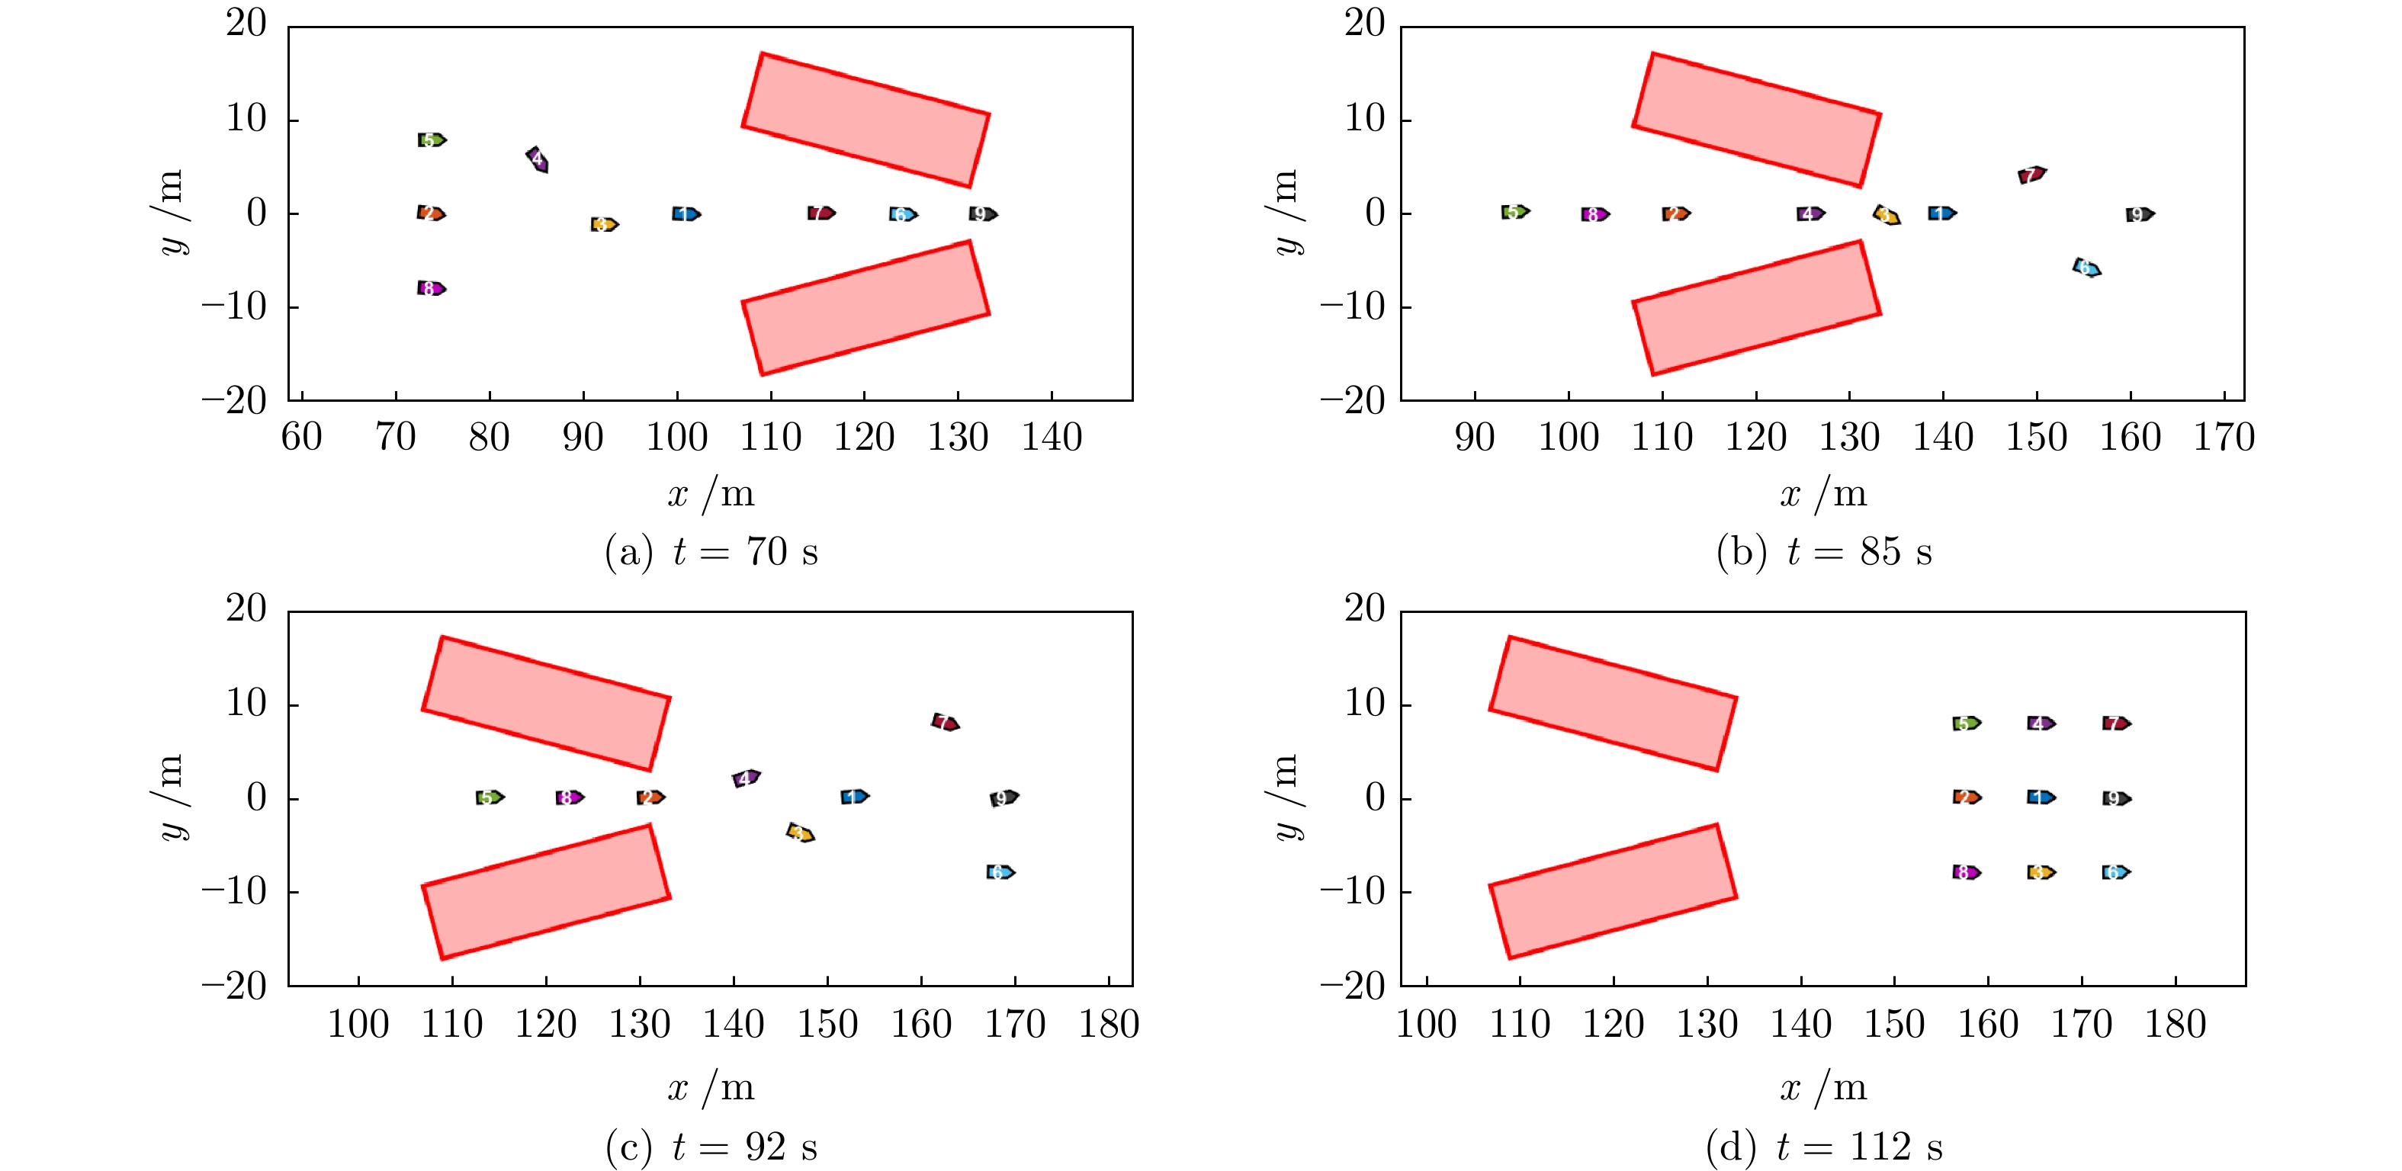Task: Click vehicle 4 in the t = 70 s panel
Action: coord(537,159)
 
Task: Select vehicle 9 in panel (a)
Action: coord(982,214)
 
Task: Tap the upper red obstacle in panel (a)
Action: coord(865,120)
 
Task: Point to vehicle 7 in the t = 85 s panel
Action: coord(2031,175)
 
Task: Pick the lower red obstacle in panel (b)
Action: coord(1756,308)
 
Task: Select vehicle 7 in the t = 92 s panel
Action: coord(945,723)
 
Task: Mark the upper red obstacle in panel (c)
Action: coord(547,704)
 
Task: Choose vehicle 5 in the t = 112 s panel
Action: coord(1966,723)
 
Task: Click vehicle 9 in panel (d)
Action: coord(2116,798)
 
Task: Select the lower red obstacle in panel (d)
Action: coord(1612,891)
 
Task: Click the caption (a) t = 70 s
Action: coord(711,552)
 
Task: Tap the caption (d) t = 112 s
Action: coord(1824,1147)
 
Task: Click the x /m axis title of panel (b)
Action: coord(1824,494)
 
